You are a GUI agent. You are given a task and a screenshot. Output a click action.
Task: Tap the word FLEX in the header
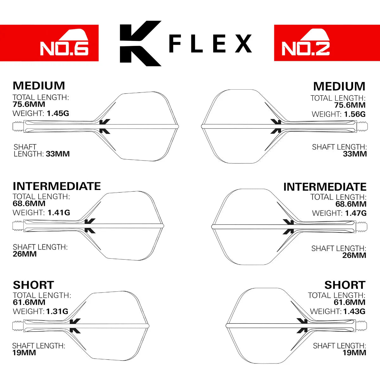[210, 44]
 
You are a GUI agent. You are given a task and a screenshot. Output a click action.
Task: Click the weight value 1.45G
[58, 113]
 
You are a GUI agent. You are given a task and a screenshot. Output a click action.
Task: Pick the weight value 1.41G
[59, 213]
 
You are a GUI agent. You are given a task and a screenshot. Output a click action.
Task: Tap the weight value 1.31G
[57, 312]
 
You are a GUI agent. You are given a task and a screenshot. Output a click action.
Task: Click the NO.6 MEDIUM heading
[39, 86]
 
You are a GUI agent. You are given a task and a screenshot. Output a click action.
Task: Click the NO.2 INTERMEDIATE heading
[325, 187]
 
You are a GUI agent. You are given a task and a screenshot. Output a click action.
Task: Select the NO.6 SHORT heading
[33, 285]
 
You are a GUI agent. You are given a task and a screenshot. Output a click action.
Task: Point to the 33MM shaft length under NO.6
[58, 154]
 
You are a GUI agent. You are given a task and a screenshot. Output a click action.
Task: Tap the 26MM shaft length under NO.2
[354, 256]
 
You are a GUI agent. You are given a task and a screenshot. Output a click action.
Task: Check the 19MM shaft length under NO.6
[24, 353]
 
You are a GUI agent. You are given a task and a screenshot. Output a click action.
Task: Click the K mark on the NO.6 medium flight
[105, 127]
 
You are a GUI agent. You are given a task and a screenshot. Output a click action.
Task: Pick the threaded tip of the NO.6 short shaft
[18, 326]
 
